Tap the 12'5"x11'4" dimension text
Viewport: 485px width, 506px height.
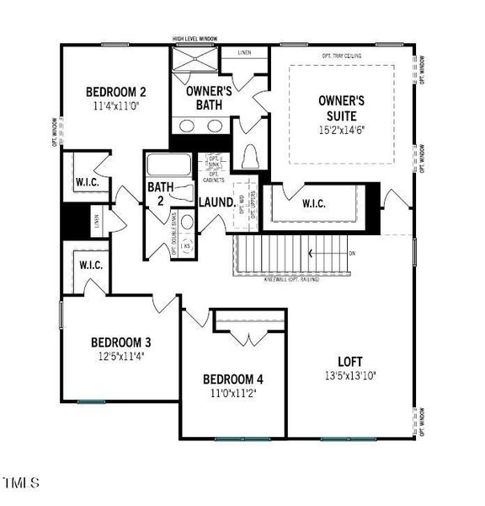click(121, 357)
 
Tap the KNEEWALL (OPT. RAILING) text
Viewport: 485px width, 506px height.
click(291, 279)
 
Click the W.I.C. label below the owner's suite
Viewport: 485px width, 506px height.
click(307, 203)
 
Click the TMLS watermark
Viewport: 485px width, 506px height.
click(22, 483)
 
